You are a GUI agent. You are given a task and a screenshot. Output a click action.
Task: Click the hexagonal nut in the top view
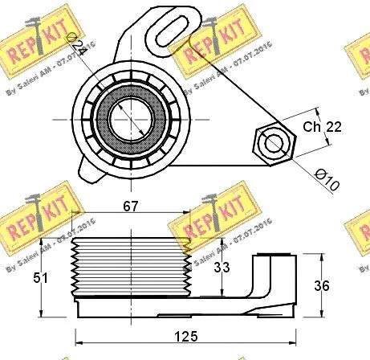pos(274,143)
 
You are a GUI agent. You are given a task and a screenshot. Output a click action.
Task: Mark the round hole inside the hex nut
pos(274,143)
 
